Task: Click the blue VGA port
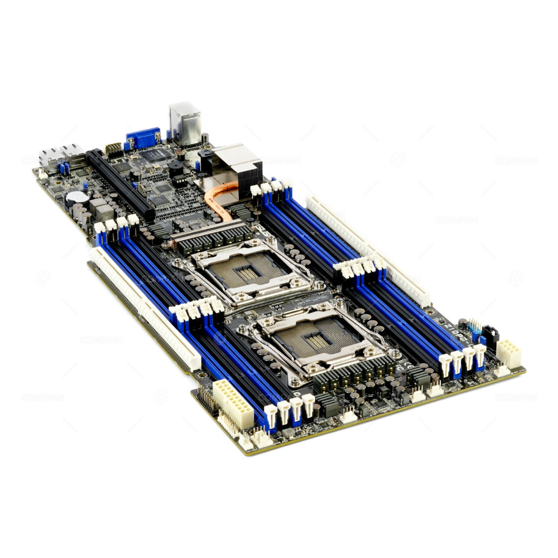tap(143, 136)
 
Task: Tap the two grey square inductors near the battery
tap(100, 210)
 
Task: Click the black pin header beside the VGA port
tap(113, 149)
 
